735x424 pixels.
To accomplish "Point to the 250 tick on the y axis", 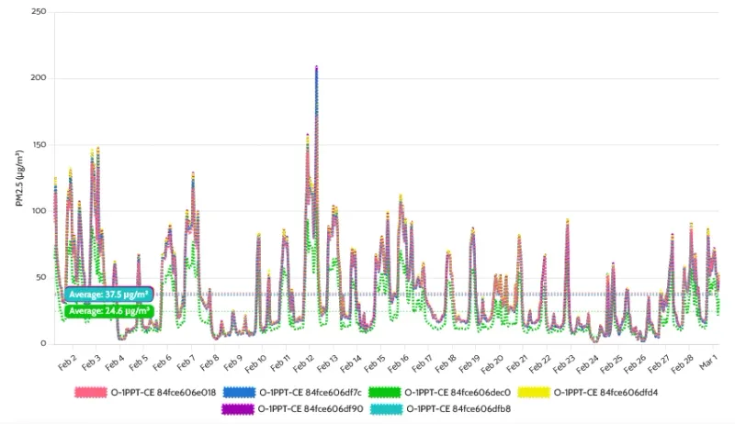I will coord(37,12).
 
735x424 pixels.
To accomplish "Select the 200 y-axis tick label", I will coord(37,78).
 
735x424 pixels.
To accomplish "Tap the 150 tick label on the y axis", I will coord(38,144).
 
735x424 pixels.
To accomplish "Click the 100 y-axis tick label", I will coord(38,211).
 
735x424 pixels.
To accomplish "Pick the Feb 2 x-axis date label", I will coord(66,362).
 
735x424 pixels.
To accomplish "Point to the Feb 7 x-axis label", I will coord(186,362).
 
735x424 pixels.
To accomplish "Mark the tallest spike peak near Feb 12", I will coord(316,68).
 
